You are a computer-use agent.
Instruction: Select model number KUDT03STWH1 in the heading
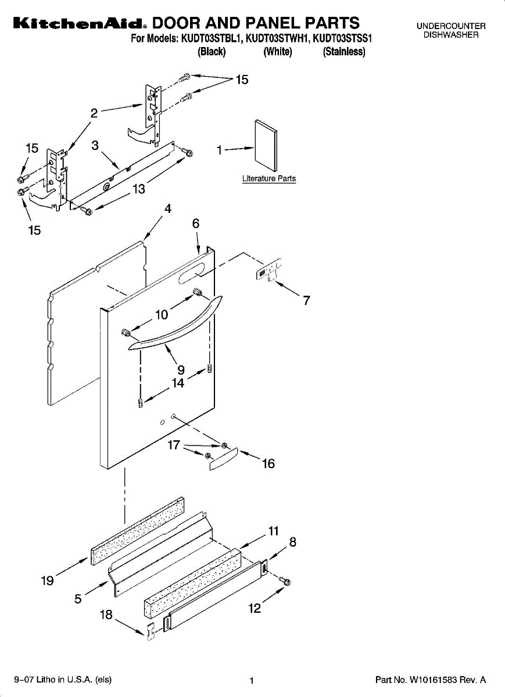(277, 38)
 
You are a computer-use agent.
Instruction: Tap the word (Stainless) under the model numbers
(343, 51)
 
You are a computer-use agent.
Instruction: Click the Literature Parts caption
(269, 179)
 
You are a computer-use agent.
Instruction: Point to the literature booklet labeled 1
(266, 145)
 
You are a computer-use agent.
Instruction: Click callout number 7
(307, 300)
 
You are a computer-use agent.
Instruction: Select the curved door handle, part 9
(176, 324)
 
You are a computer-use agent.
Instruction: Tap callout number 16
(268, 464)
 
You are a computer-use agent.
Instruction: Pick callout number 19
(47, 581)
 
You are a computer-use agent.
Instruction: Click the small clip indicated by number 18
(151, 632)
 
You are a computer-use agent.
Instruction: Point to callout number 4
(168, 209)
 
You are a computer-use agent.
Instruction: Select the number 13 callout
(139, 189)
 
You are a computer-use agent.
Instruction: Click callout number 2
(94, 113)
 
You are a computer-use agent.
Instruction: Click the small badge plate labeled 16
(224, 459)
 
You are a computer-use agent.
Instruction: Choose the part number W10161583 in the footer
(434, 680)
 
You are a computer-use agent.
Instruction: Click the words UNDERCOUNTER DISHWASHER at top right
(451, 30)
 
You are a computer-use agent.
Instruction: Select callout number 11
(273, 531)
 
